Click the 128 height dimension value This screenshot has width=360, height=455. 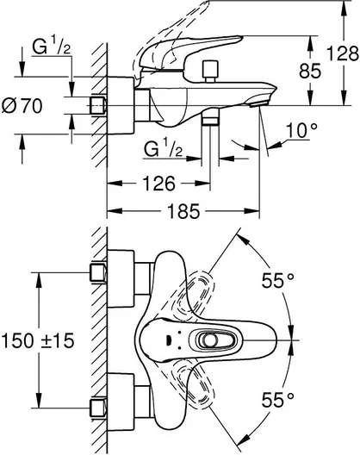[343, 53]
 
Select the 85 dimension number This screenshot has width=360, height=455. [310, 71]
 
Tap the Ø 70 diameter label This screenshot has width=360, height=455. [22, 106]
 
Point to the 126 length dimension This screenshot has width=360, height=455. [159, 184]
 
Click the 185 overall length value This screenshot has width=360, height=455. [184, 211]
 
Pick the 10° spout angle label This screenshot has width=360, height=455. [301, 130]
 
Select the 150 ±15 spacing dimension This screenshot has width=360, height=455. [38, 340]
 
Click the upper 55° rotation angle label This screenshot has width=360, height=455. [278, 281]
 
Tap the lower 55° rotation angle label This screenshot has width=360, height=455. [278, 400]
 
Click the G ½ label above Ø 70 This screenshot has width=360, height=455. [51, 47]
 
